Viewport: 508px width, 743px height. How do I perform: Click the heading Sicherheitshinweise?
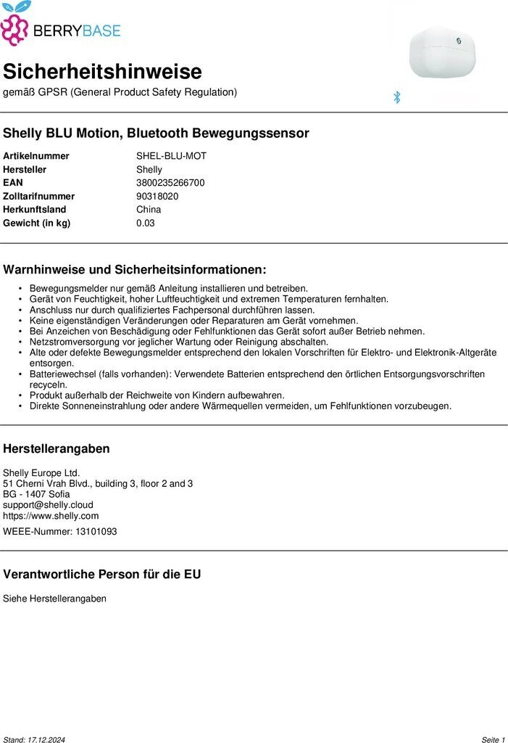(x=102, y=72)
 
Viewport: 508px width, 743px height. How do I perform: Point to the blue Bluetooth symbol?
(x=396, y=97)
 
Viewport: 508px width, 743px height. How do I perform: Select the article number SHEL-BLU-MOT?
(x=171, y=156)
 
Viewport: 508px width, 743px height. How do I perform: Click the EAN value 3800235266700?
(x=170, y=183)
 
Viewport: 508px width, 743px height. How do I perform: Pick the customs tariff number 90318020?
(x=157, y=196)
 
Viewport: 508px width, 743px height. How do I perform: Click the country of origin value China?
(x=149, y=210)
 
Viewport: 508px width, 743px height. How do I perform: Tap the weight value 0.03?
(x=146, y=223)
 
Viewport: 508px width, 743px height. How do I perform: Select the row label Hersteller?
(x=25, y=169)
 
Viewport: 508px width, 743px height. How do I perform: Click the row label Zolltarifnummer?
(x=38, y=196)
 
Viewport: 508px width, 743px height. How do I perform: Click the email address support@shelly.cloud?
(x=48, y=505)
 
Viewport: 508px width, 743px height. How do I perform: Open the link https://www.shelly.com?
(x=51, y=516)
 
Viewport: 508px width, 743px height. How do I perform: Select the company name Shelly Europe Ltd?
(x=41, y=472)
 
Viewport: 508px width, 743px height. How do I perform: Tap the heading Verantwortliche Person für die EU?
(x=102, y=575)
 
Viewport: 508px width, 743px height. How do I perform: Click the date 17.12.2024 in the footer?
(x=56, y=739)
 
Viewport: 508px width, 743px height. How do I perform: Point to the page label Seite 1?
(x=493, y=739)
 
